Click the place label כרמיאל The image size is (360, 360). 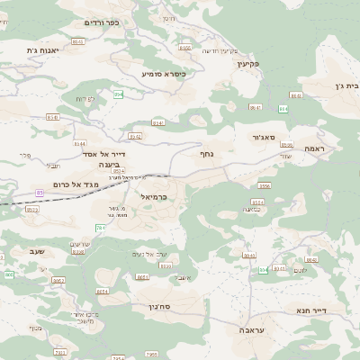pyautogui.click(x=155, y=194)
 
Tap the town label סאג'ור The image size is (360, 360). pyautogui.click(x=273, y=138)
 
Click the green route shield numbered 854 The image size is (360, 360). pyautogui.click(x=117, y=94)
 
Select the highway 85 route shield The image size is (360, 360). pyautogui.click(x=40, y=192)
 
